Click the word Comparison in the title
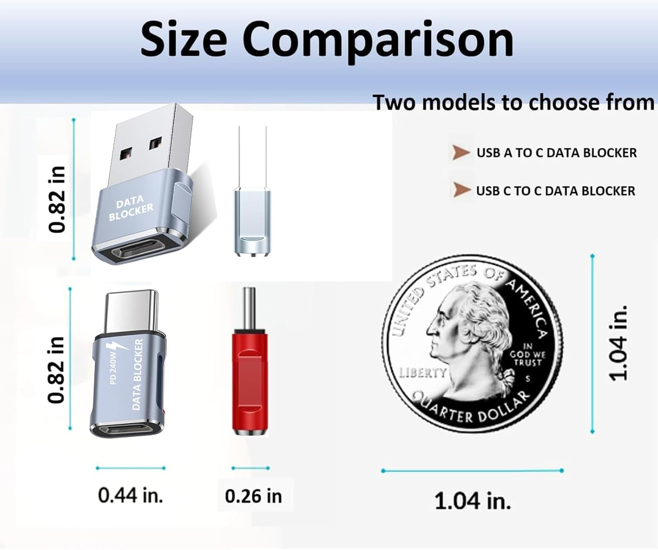(x=378, y=40)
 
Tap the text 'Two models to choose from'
(x=513, y=103)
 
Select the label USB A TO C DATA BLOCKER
(x=556, y=153)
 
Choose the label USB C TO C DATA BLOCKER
(x=555, y=191)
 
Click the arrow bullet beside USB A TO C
(x=461, y=153)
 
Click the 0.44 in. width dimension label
(x=130, y=495)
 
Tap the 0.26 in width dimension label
(x=253, y=496)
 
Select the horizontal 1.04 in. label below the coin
(x=472, y=500)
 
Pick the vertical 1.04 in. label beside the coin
(x=619, y=343)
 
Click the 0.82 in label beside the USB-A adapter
(x=57, y=199)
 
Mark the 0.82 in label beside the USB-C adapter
(x=56, y=370)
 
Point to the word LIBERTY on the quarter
(x=422, y=373)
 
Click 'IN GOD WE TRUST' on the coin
(x=527, y=355)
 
